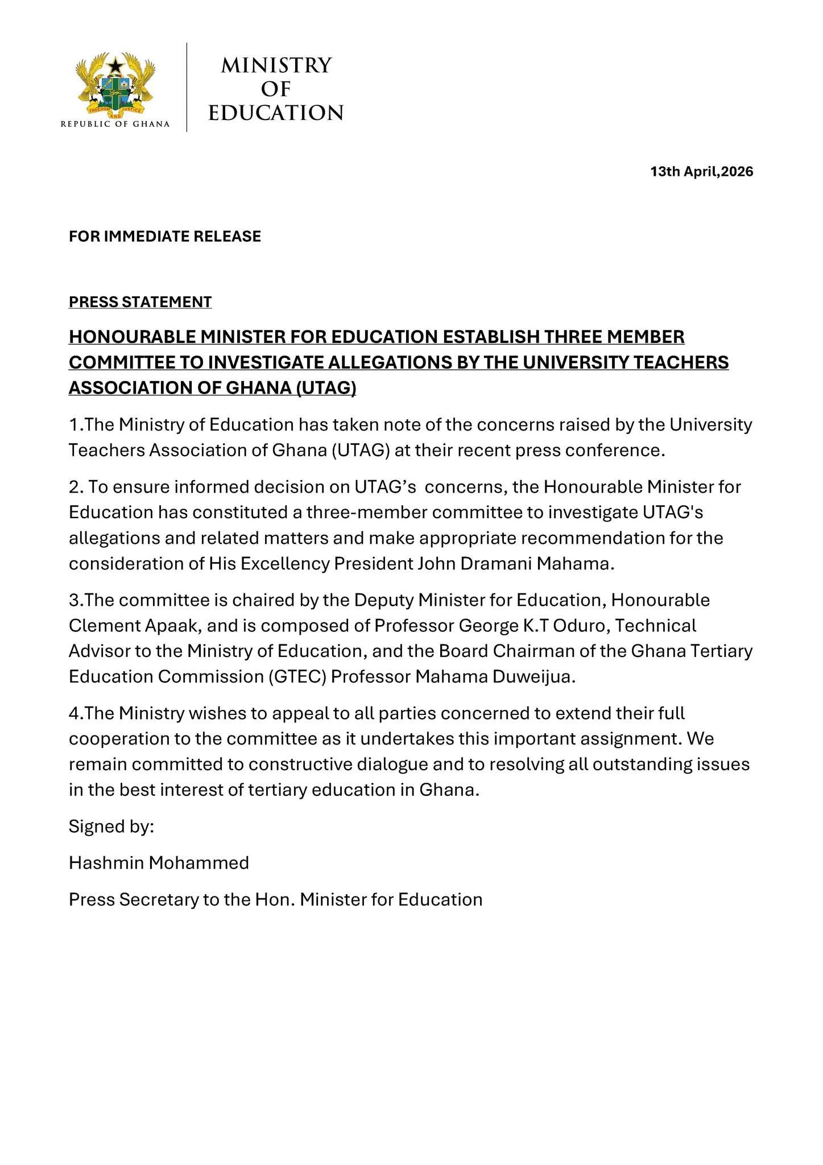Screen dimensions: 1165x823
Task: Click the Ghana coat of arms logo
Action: point(115,84)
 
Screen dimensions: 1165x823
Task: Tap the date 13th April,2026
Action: point(702,172)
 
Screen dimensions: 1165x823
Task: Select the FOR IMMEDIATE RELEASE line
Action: point(165,237)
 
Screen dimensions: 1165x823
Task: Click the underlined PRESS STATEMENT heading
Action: point(140,302)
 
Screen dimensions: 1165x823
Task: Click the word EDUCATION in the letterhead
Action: point(276,113)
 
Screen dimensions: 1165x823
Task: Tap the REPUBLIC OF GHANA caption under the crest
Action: point(115,125)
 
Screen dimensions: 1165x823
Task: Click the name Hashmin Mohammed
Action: point(159,863)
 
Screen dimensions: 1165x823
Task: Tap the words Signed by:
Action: point(111,827)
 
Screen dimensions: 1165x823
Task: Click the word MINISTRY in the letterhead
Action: point(276,65)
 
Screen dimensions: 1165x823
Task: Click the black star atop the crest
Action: point(115,65)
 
